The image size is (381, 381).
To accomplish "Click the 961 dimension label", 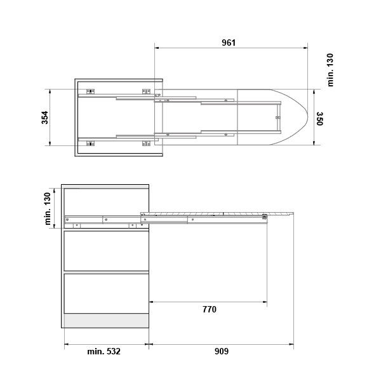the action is pyautogui.click(x=229, y=43).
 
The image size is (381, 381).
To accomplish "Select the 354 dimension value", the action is pyautogui.click(x=45, y=117).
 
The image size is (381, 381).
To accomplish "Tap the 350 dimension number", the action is pyautogui.click(x=319, y=119).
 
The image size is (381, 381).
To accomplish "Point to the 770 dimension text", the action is pyautogui.click(x=210, y=309).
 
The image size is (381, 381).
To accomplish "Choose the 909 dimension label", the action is pyautogui.click(x=222, y=351).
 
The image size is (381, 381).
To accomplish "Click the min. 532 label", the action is pyautogui.click(x=104, y=351).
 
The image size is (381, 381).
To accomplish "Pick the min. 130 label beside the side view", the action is pyautogui.click(x=48, y=209).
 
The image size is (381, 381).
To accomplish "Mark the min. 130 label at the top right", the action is pyautogui.click(x=330, y=70).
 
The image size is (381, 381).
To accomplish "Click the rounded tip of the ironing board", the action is pyautogui.click(x=307, y=117).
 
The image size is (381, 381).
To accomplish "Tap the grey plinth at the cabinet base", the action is pyautogui.click(x=107, y=321).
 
